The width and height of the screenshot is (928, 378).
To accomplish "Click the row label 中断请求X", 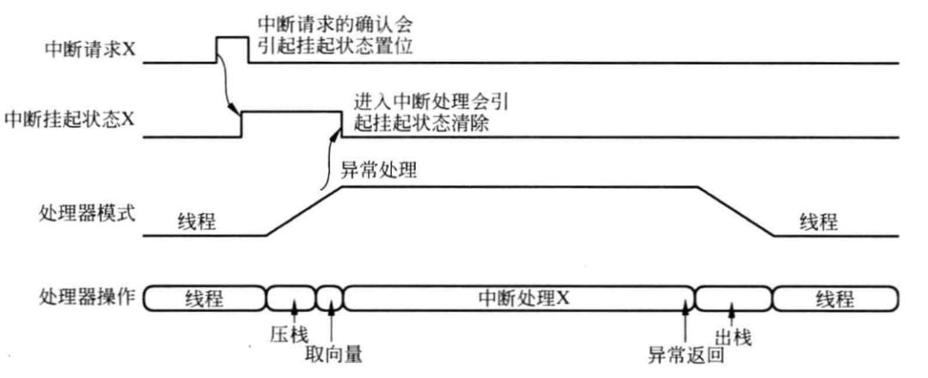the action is click(x=91, y=49).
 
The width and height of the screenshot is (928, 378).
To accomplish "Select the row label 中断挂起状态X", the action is click(x=70, y=119).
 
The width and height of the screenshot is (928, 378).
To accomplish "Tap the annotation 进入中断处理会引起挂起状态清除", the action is click(x=431, y=113).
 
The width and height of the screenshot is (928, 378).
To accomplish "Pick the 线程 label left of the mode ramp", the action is click(x=197, y=223).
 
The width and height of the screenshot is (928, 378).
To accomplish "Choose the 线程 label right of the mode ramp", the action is click(x=819, y=223).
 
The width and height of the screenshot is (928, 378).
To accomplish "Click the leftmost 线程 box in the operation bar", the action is click(x=205, y=299).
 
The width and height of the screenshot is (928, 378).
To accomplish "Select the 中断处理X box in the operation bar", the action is click(x=518, y=299).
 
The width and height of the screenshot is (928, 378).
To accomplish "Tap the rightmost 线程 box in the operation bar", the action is click(x=836, y=299).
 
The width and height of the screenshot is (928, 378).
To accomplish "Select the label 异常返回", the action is click(x=687, y=354).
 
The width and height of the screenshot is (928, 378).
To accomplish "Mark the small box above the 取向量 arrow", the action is click(x=330, y=299).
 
